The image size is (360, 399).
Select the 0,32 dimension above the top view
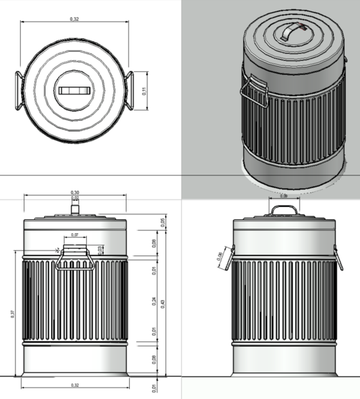74,20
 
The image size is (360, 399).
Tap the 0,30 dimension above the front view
75,192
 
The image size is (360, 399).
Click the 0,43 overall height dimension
163,302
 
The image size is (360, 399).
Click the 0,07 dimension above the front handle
75,234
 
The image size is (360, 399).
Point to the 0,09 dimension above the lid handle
284,196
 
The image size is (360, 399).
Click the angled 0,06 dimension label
220,256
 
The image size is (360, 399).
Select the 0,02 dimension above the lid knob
75,198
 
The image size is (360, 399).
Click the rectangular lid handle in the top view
74,90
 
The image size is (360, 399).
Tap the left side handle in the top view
19,91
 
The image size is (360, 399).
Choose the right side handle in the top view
130,91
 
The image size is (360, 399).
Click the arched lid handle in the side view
284,209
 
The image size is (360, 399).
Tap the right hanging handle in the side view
339,257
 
